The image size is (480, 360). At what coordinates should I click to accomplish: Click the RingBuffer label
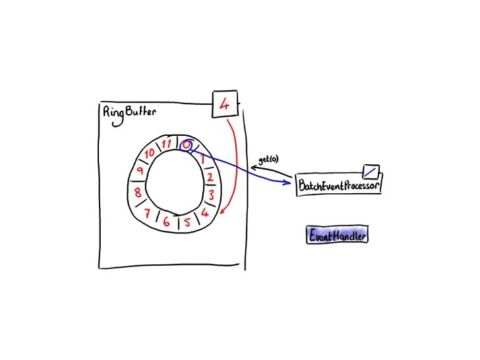click(130, 112)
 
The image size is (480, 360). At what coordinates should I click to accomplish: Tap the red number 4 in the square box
click(225, 104)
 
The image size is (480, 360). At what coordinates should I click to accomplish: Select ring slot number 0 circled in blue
click(187, 144)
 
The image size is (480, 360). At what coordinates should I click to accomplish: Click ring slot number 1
click(203, 160)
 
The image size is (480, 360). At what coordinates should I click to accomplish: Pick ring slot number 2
click(210, 177)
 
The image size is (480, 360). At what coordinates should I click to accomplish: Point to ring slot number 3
click(210, 195)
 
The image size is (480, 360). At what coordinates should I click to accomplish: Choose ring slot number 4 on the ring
click(205, 212)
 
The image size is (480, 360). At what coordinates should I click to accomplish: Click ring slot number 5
click(187, 222)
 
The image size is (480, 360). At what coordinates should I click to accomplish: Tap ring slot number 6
click(167, 222)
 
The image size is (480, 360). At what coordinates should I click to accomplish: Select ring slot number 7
click(148, 212)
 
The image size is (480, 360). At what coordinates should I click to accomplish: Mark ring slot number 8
click(137, 193)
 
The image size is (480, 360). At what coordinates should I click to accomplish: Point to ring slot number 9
click(140, 171)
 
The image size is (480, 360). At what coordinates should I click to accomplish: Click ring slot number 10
click(150, 153)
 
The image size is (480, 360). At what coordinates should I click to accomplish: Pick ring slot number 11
click(167, 143)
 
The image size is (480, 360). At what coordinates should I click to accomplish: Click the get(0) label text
click(268, 160)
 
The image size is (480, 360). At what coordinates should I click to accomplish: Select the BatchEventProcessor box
click(340, 186)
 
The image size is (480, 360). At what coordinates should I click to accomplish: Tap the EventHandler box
click(337, 234)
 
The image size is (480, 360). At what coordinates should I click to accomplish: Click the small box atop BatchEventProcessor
click(371, 171)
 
